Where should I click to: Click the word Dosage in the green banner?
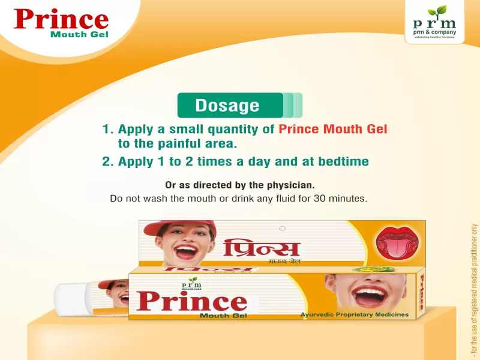227,106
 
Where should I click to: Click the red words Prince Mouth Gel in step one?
333,129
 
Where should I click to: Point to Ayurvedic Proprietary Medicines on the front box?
354,314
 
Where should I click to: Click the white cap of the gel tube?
69,297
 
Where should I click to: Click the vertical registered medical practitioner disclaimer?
473,287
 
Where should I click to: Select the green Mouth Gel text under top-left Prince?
79,34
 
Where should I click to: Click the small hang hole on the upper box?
283,228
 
